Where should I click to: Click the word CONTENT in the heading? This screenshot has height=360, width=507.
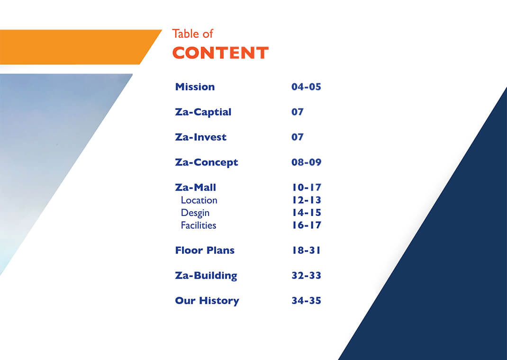(x=220, y=53)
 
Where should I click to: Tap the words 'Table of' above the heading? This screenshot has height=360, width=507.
(x=192, y=34)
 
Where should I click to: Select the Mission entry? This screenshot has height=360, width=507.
(x=195, y=87)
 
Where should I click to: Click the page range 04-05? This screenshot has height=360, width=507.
(x=306, y=87)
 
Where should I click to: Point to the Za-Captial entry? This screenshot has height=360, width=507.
(x=203, y=112)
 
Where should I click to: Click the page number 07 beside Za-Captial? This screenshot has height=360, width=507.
(x=298, y=112)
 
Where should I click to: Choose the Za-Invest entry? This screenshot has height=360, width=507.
(x=200, y=137)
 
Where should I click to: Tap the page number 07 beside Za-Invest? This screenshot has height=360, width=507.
(x=298, y=137)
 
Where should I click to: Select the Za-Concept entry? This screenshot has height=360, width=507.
(x=206, y=162)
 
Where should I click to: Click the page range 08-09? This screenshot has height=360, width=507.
(x=306, y=162)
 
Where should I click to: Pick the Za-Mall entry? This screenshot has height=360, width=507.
(x=195, y=188)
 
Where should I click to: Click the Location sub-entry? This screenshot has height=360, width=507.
(x=199, y=200)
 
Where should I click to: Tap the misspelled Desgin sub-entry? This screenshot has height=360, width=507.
(x=195, y=213)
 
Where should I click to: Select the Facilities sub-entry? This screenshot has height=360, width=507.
(x=198, y=225)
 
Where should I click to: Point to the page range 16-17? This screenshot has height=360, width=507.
(x=307, y=225)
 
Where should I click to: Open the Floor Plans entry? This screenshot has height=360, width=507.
(x=205, y=251)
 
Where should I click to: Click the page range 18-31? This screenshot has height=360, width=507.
(x=306, y=251)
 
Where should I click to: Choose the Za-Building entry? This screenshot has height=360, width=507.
(x=206, y=276)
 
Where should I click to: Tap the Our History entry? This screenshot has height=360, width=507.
(x=207, y=301)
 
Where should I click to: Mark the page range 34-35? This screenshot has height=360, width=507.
(x=306, y=300)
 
